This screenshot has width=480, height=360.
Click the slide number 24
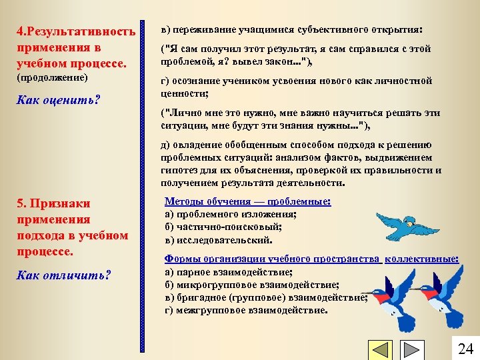(x=465, y=348)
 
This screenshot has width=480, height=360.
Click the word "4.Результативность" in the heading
(x=76, y=31)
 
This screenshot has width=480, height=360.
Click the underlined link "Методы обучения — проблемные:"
(x=247, y=201)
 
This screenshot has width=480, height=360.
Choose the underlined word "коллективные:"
(x=421, y=259)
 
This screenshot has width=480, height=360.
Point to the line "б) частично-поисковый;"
(x=219, y=227)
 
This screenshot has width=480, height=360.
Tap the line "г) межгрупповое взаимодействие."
(x=246, y=310)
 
